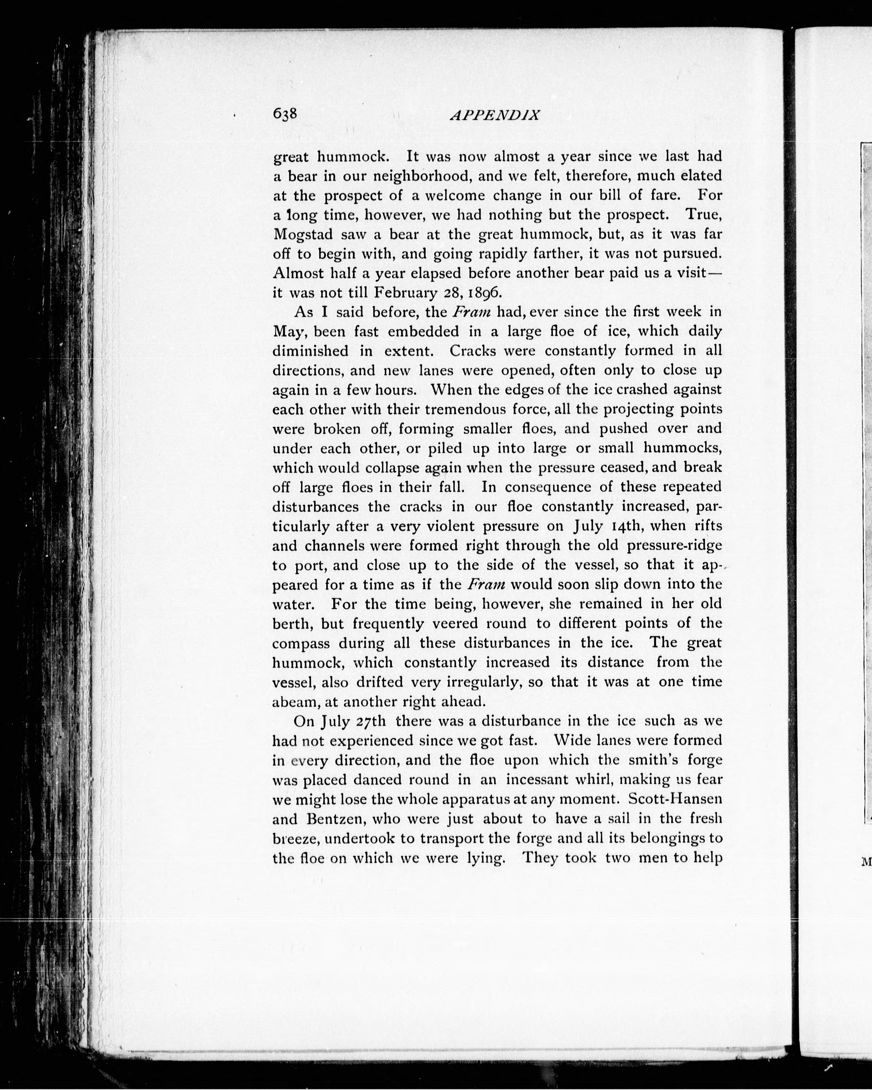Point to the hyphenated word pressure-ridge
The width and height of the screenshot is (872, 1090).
[674, 546]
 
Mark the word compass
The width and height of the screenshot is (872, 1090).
[301, 644]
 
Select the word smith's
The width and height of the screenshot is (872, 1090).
[650, 761]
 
